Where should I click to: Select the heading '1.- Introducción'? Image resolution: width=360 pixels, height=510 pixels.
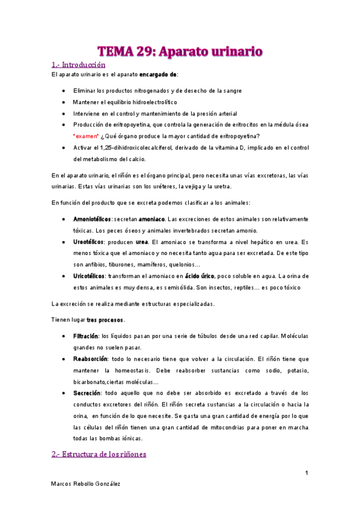78,64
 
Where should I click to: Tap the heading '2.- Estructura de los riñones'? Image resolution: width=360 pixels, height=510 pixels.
98,454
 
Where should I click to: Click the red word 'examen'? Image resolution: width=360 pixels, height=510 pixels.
85,137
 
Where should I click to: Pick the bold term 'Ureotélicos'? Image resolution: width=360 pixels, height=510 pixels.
88,241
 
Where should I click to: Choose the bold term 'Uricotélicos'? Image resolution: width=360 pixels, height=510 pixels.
89,275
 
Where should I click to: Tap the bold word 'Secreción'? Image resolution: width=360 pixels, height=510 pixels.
86,392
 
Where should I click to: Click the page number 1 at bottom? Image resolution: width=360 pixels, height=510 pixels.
306,473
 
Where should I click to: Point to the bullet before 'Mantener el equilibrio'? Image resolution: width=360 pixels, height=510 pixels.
64,102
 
